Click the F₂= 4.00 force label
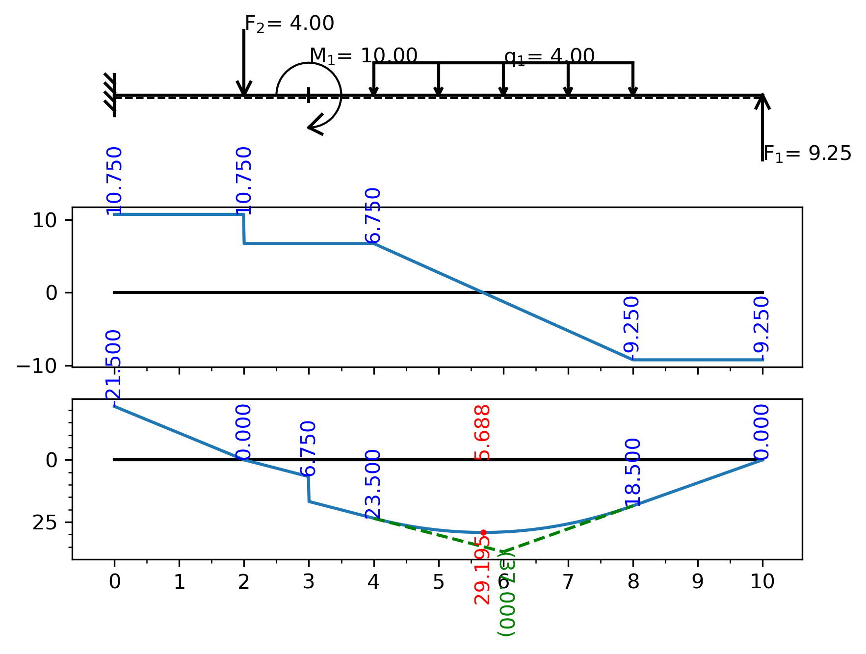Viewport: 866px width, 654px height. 289,24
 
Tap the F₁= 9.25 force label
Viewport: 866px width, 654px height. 807,154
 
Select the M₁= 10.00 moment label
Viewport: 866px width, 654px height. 363,56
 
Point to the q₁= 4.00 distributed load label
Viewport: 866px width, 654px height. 549,56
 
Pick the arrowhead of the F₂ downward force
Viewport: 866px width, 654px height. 244,89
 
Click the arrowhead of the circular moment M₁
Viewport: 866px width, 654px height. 314,126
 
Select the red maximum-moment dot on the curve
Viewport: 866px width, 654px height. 483,532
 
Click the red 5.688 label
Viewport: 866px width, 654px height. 483,432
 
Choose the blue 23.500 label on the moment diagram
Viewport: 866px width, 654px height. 374,483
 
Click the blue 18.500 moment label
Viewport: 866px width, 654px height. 633,472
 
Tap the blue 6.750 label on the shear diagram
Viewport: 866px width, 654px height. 374,215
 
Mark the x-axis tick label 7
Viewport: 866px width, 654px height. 568,582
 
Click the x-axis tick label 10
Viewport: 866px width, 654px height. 762,582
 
